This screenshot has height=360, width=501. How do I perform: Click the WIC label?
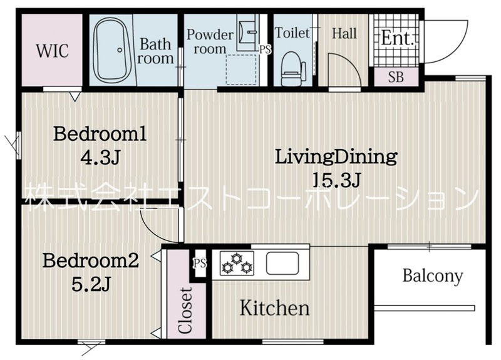(53, 51)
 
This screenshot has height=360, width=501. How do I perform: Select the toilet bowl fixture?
(292, 69)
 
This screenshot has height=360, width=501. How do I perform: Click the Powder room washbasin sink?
(248, 32)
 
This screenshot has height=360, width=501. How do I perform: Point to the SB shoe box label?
(396, 77)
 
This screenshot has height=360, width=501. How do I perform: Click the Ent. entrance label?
(398, 38)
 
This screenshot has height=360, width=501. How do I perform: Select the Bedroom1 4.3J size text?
(100, 157)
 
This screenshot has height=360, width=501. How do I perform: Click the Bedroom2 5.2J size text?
(91, 284)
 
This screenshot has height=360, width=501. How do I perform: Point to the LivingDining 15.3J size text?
(337, 180)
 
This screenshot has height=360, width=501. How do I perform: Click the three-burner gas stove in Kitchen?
(237, 263)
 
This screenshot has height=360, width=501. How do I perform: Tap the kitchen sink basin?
(282, 263)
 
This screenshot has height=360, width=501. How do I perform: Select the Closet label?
(185, 311)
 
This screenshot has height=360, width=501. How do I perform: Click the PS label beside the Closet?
(200, 264)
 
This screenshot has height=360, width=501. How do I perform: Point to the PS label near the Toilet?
(265, 50)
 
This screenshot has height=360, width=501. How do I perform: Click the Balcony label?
(432, 275)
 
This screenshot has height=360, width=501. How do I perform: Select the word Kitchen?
(275, 308)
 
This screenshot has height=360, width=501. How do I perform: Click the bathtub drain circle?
(120, 50)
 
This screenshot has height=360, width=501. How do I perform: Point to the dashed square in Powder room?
(242, 69)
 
